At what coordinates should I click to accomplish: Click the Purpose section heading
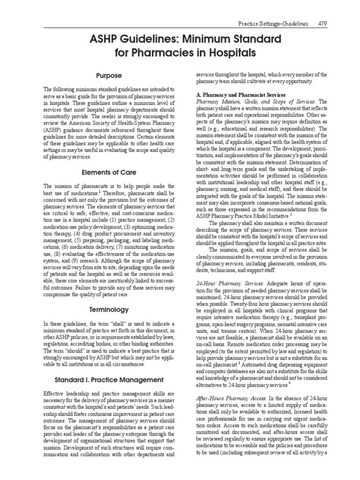109,75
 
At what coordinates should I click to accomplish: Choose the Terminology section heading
109,309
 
